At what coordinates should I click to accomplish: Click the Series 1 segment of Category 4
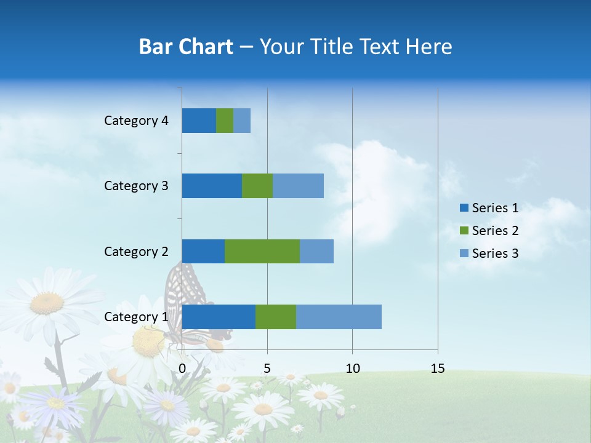tap(199, 121)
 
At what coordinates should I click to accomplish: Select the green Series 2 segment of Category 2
tap(262, 251)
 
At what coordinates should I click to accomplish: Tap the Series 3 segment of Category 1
tap(339, 317)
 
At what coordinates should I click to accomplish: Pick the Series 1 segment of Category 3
tap(212, 186)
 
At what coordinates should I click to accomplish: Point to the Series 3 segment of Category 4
tap(242, 121)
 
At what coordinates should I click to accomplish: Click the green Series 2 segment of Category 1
tap(276, 317)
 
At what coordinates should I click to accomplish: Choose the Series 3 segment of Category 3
tap(298, 186)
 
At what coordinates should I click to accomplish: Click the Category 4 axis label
tap(136, 121)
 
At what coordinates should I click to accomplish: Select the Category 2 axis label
tap(136, 251)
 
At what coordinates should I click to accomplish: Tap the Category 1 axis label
tap(136, 317)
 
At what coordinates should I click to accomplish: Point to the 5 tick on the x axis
tap(267, 369)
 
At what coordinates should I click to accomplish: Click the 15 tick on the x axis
tap(437, 369)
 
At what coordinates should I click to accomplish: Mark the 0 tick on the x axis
tap(182, 369)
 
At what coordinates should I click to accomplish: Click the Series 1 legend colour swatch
tap(464, 208)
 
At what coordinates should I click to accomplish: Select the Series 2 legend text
tap(495, 231)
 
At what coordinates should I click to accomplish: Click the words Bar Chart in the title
tap(186, 47)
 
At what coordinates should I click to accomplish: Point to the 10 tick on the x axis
tap(352, 369)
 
